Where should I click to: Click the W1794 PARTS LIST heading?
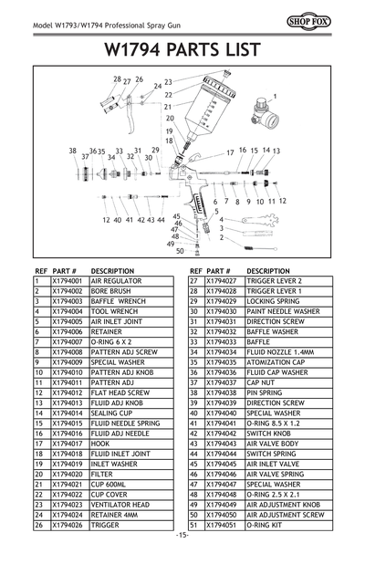click(x=182, y=47)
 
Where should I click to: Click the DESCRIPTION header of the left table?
click(x=113, y=271)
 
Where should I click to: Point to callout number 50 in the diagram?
click(x=180, y=251)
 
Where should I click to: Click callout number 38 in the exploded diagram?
click(x=72, y=151)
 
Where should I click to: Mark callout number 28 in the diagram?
click(x=117, y=79)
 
